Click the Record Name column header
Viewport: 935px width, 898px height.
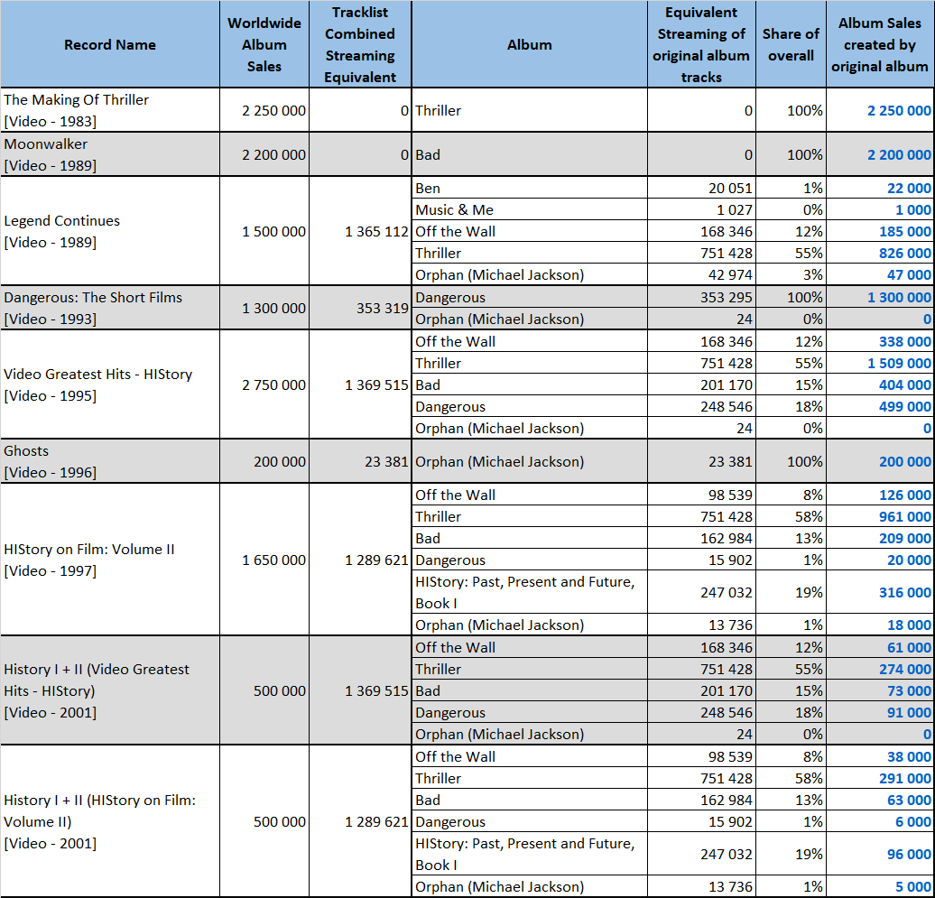tap(110, 45)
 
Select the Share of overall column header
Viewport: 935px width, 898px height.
tap(791, 45)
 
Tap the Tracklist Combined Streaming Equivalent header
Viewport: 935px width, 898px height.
tap(360, 45)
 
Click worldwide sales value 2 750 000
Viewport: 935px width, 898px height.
tap(273, 385)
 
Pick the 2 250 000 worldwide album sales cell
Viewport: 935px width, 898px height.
tap(273, 110)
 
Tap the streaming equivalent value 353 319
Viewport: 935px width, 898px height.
tap(383, 309)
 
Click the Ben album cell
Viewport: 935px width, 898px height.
tap(428, 189)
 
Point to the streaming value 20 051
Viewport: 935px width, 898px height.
tap(730, 189)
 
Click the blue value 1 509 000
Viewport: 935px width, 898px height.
tap(899, 363)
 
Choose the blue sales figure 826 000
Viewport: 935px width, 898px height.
tap(905, 253)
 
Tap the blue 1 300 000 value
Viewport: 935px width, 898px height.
tap(899, 298)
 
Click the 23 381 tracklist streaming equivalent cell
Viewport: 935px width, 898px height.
tap(386, 461)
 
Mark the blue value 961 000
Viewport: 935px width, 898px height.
tap(905, 516)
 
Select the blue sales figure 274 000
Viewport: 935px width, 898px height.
tap(905, 669)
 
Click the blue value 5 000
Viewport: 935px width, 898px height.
tap(913, 886)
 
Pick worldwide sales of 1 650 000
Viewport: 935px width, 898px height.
tap(273, 560)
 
